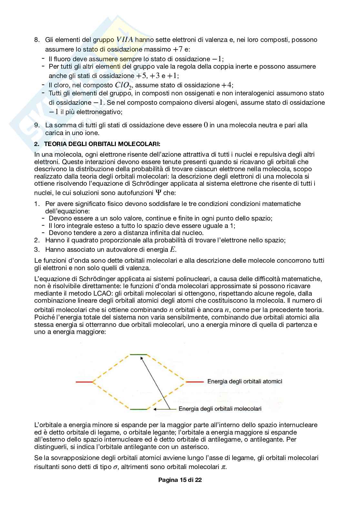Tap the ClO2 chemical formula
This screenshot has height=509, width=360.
124,85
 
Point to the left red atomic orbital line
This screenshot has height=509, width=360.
84,382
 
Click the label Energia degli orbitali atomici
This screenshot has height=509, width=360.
245,382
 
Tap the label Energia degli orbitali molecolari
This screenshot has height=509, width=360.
220,409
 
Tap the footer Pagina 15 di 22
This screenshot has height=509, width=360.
180,480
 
